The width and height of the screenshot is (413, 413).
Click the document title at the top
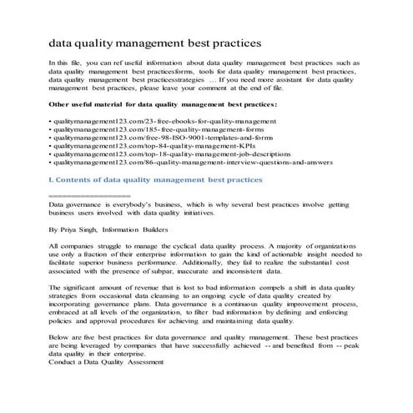coord(155,41)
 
